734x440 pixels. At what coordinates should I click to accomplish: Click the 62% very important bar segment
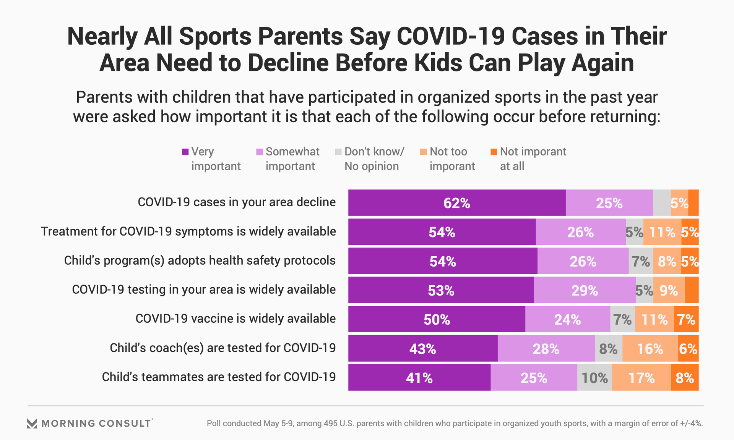[457, 203]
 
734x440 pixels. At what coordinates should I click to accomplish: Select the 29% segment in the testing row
[585, 290]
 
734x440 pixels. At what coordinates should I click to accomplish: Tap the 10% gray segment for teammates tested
[594, 378]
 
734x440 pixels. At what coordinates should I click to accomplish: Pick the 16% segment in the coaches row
[650, 349]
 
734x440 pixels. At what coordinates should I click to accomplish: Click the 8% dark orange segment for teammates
[685, 378]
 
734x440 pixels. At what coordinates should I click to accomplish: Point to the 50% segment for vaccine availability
[437, 319]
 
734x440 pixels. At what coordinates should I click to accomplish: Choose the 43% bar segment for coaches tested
[423, 349]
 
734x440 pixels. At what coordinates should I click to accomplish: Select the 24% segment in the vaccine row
[568, 319]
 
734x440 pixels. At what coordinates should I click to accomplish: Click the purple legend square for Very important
[185, 152]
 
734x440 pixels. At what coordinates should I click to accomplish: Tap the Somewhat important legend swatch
[260, 152]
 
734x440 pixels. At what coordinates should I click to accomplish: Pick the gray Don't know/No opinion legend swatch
[338, 152]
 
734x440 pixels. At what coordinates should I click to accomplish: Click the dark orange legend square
[494, 152]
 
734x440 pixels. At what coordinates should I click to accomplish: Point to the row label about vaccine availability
[235, 319]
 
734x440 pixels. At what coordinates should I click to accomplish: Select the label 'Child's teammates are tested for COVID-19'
[219, 377]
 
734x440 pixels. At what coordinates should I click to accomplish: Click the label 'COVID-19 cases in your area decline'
[237, 202]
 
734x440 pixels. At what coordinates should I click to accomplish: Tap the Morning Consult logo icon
[32, 423]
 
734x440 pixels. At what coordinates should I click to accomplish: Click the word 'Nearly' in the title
[102, 37]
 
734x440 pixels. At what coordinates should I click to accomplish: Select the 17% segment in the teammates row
[641, 378]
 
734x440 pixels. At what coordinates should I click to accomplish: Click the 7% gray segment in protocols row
[641, 261]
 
